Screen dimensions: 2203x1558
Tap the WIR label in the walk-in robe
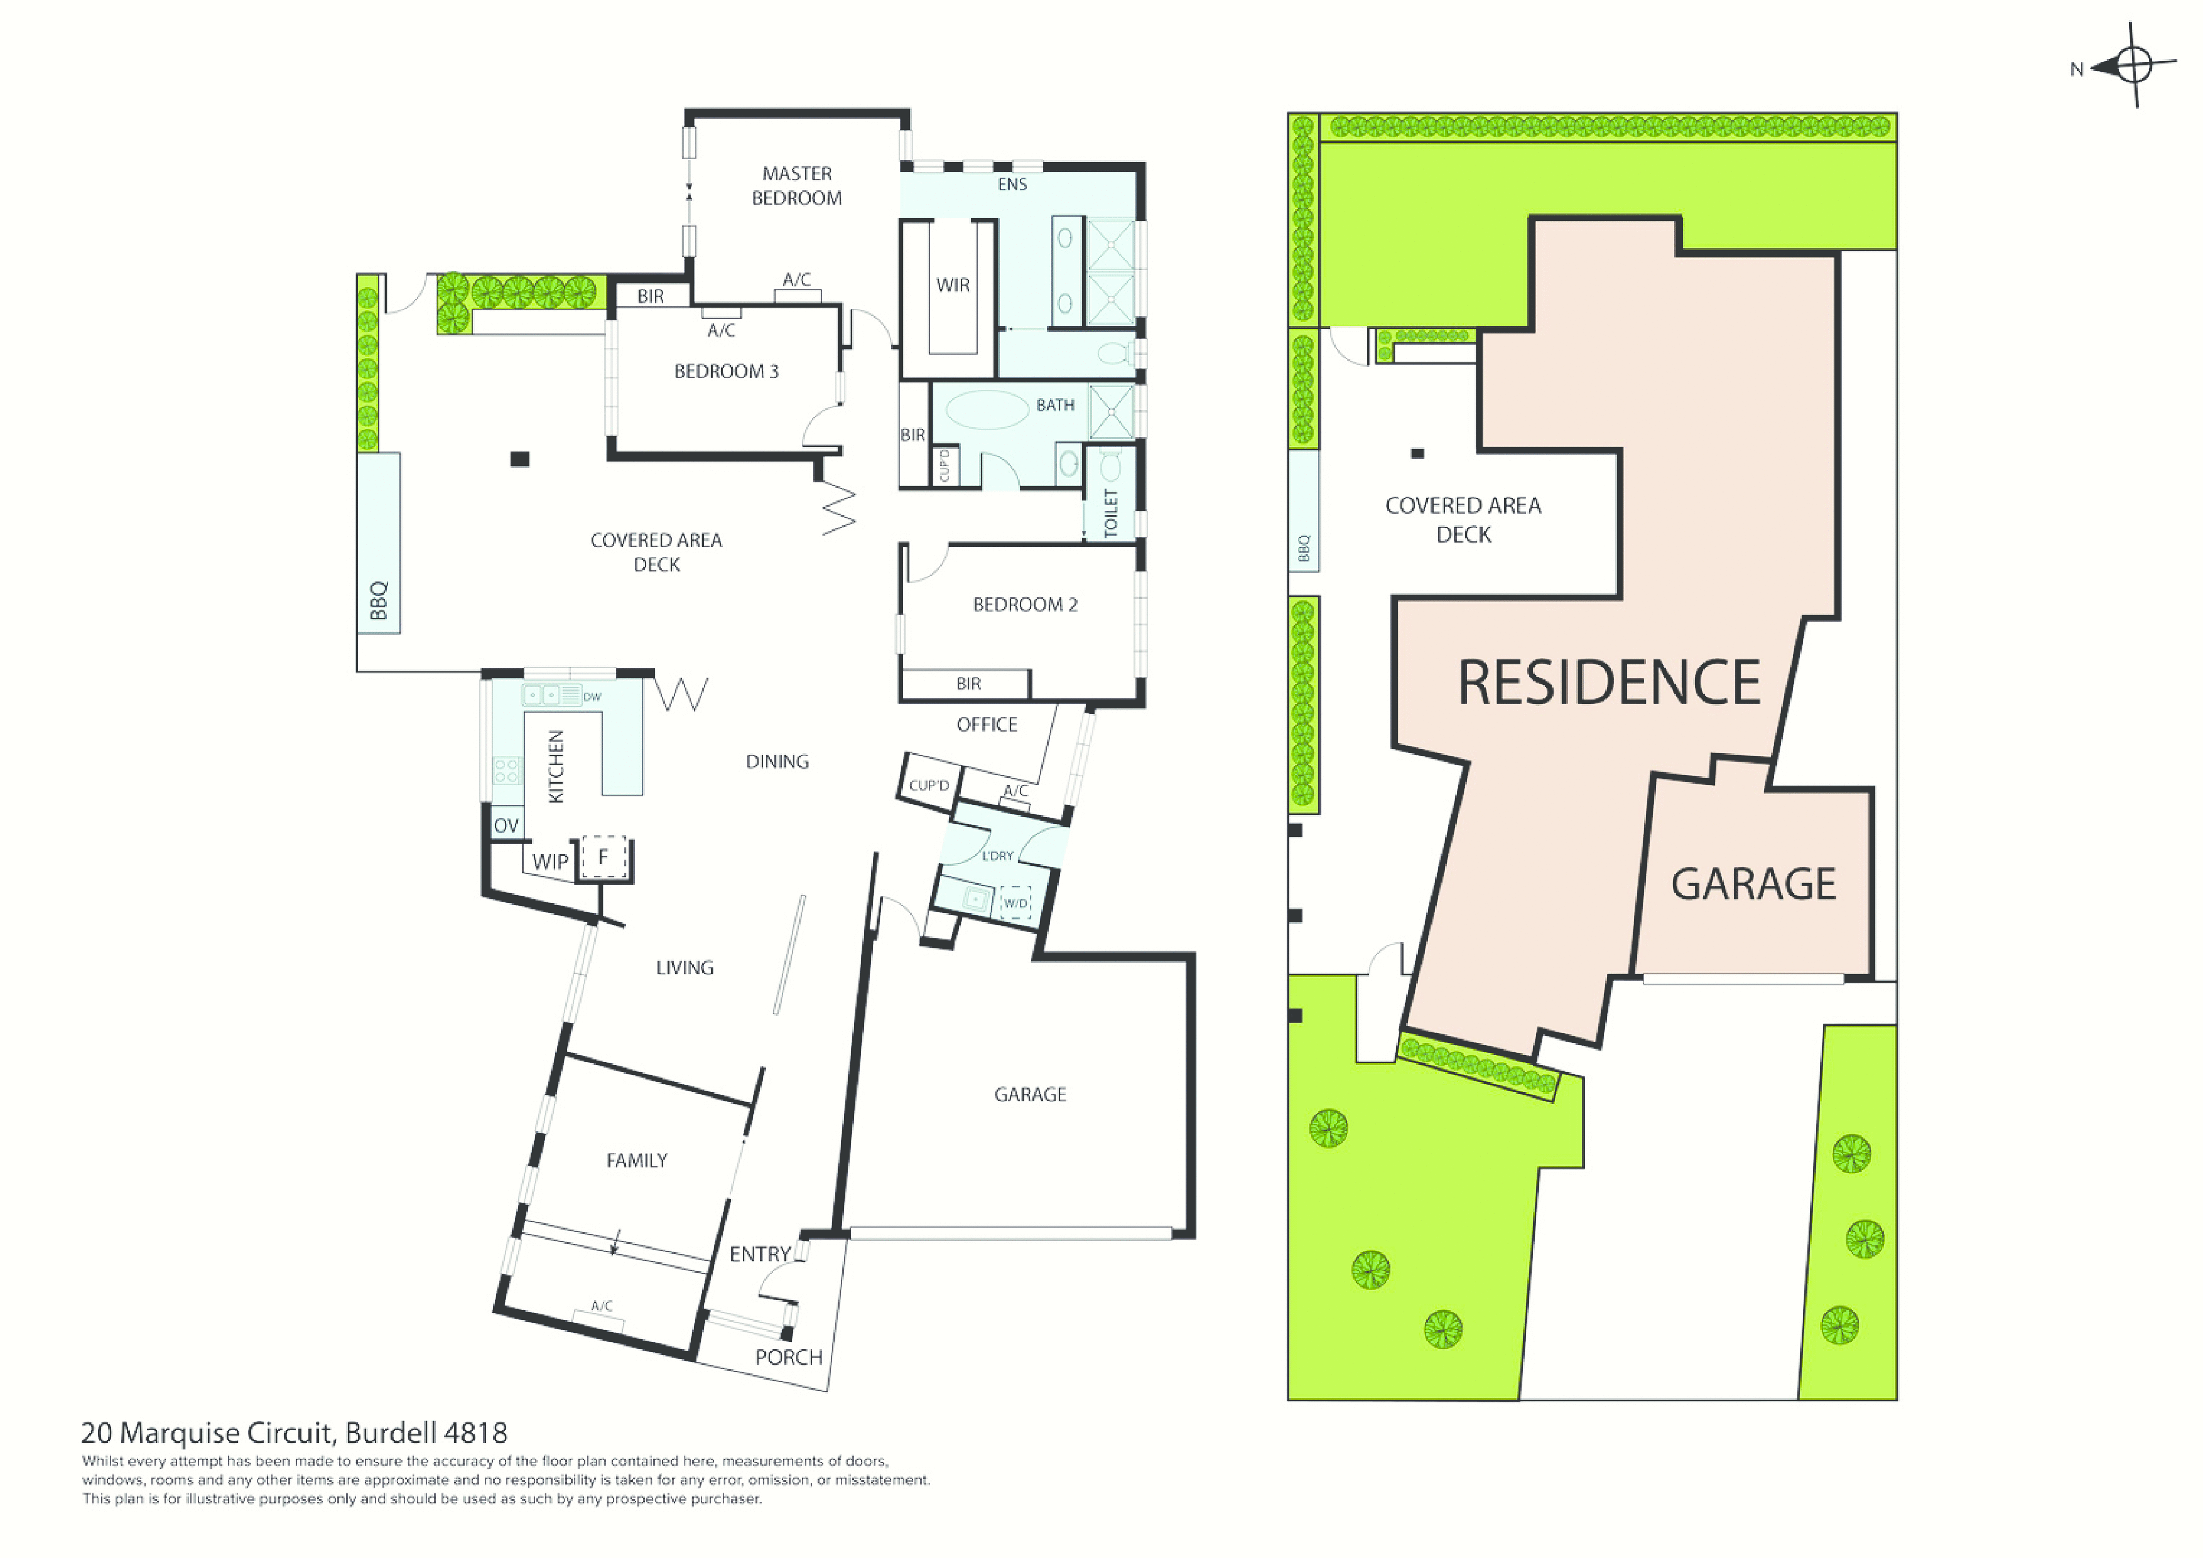953,285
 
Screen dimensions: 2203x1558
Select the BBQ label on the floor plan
379,600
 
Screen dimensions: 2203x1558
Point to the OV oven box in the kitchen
506,825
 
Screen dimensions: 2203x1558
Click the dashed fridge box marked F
604,857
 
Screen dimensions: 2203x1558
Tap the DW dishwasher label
592,696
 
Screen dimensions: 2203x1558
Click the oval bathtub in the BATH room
987,409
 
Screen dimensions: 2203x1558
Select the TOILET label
1111,513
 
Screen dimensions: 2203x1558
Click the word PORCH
789,1358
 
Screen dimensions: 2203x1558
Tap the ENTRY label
760,1254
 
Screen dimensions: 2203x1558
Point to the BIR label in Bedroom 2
968,684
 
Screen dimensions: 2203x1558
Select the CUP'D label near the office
929,786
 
